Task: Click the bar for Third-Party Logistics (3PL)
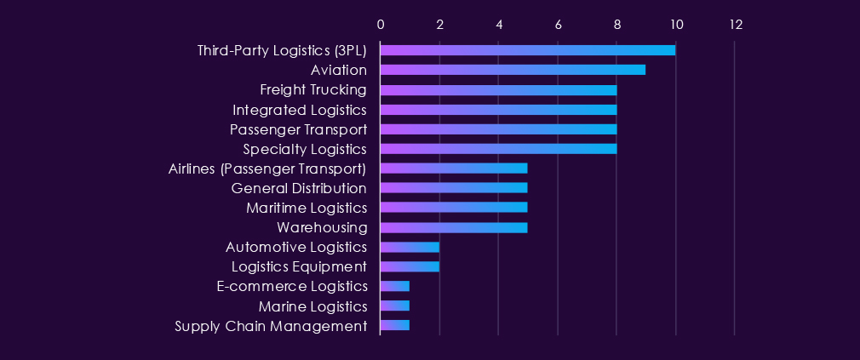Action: pyautogui.click(x=528, y=50)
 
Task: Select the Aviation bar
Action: pyautogui.click(x=513, y=70)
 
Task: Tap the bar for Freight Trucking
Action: pyautogui.click(x=498, y=89)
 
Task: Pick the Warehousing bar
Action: pyautogui.click(x=454, y=227)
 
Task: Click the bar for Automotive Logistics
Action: pyautogui.click(x=410, y=247)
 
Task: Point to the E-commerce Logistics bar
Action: pyautogui.click(x=395, y=286)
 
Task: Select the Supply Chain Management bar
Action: pyautogui.click(x=395, y=325)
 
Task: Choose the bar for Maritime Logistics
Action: pyautogui.click(x=454, y=207)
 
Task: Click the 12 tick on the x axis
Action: pyautogui.click(x=735, y=25)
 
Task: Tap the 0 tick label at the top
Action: pyautogui.click(x=381, y=25)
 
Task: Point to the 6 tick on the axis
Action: pyautogui.click(x=558, y=25)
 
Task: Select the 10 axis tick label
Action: pyautogui.click(x=676, y=25)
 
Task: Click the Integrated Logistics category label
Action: pyautogui.click(x=300, y=110)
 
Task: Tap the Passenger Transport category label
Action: pyautogui.click(x=298, y=129)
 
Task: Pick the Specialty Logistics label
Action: pyautogui.click(x=305, y=149)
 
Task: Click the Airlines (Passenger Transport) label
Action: pyautogui.click(x=268, y=169)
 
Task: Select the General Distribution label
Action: pyautogui.click(x=299, y=188)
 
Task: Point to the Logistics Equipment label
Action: pyautogui.click(x=299, y=266)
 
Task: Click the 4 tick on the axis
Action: pyautogui.click(x=499, y=25)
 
